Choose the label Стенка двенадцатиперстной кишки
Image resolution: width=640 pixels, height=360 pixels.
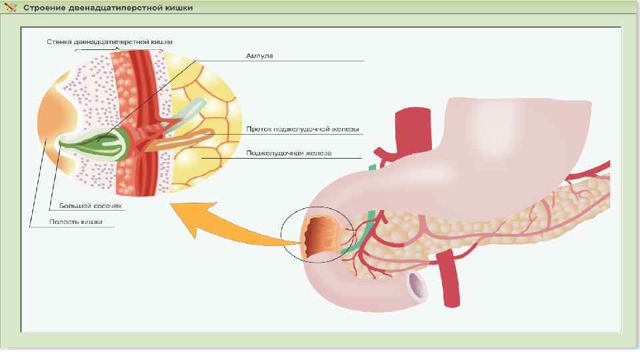[x=109, y=41]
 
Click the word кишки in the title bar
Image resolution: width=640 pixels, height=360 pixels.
[x=178, y=8]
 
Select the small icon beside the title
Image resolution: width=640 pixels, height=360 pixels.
[x=11, y=8]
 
